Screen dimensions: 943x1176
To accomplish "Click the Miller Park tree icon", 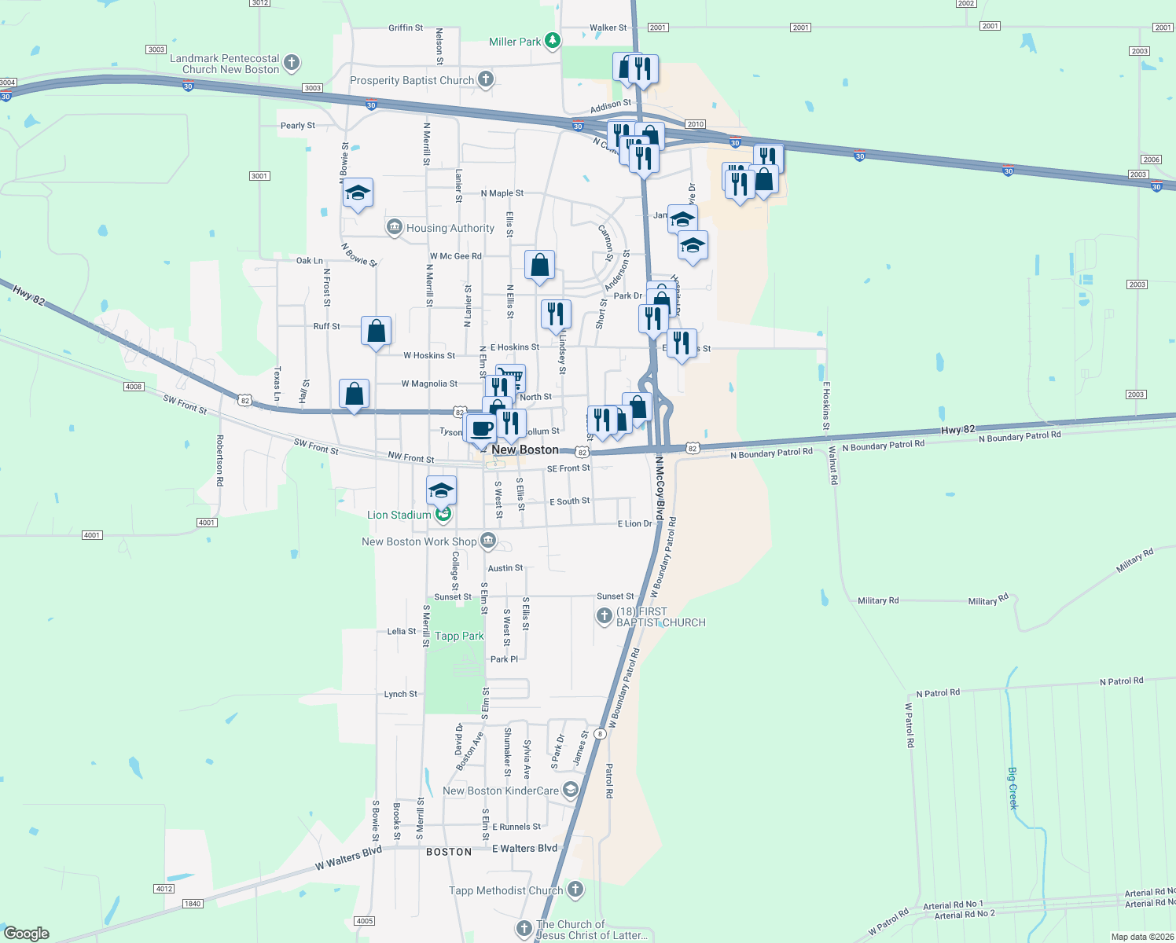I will pyautogui.click(x=553, y=40).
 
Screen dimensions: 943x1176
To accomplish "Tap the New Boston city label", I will pyautogui.click(x=525, y=449).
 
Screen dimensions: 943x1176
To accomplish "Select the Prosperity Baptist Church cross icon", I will pyautogui.click(x=486, y=79).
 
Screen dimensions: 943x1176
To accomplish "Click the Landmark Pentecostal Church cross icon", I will pyautogui.click(x=292, y=62).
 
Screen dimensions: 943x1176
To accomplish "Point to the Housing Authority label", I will pyautogui.click(x=450, y=228).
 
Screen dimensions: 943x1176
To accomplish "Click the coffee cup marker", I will pyautogui.click(x=482, y=428).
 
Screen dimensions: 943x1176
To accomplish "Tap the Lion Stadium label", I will pyautogui.click(x=399, y=515).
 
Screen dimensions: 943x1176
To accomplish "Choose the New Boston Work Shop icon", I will pyautogui.click(x=488, y=541).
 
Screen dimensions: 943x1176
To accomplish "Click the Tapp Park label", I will pyautogui.click(x=459, y=636).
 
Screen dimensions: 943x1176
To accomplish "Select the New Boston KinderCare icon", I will pyautogui.click(x=571, y=790).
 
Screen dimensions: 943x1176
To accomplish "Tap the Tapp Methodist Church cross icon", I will pyautogui.click(x=575, y=890).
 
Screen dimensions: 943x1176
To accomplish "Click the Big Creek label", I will pyautogui.click(x=1012, y=786).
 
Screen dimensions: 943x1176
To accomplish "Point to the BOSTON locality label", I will pyautogui.click(x=449, y=852).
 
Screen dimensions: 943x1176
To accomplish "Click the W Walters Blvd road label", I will pyautogui.click(x=348, y=858).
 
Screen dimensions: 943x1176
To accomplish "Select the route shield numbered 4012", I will pyautogui.click(x=164, y=889).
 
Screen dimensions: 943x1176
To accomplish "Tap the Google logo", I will pyautogui.click(x=27, y=934).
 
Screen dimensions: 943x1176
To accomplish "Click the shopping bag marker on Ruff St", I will pyautogui.click(x=377, y=330).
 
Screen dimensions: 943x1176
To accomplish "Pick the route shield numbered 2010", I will pyautogui.click(x=695, y=124).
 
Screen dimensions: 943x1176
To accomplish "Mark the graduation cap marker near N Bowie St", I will pyautogui.click(x=358, y=193).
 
